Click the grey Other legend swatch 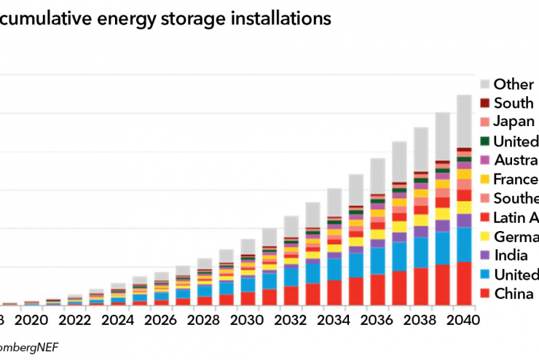[484, 85]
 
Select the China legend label [514, 293]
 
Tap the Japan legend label [514, 122]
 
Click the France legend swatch [484, 179]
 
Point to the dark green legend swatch [484, 141]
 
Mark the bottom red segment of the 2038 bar [421, 286]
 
